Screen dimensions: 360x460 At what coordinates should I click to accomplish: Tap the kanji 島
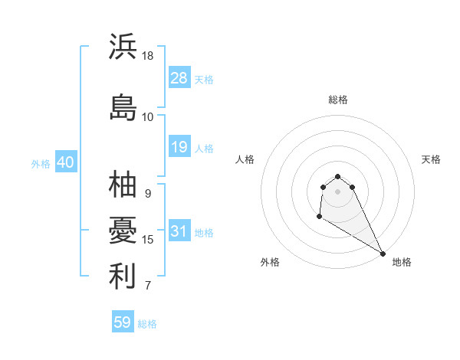pyautogui.click(x=123, y=107)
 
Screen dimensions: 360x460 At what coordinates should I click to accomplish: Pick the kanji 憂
pyautogui.click(x=123, y=230)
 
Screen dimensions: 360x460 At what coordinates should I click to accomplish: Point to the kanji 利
pyautogui.click(x=123, y=277)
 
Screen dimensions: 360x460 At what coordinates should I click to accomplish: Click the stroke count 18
pyautogui.click(x=148, y=56)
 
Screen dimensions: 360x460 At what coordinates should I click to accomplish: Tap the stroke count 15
pyautogui.click(x=148, y=240)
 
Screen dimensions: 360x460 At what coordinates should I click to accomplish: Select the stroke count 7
pyautogui.click(x=148, y=286)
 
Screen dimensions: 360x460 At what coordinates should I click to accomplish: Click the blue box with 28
pyautogui.click(x=179, y=77)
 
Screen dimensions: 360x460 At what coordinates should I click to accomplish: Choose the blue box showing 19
pyautogui.click(x=179, y=146)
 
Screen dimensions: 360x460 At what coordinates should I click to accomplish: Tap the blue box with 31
pyautogui.click(x=179, y=231)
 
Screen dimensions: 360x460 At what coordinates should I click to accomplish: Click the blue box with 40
pyautogui.click(x=65, y=162)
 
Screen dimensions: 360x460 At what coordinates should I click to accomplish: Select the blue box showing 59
pyautogui.click(x=123, y=322)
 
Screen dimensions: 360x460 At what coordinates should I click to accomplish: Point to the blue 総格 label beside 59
pyautogui.click(x=147, y=324)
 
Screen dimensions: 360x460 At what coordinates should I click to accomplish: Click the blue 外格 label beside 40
pyautogui.click(x=41, y=164)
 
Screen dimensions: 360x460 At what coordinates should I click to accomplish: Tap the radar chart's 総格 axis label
pyautogui.click(x=338, y=100)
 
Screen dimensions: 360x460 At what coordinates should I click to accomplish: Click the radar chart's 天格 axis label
pyautogui.click(x=431, y=159)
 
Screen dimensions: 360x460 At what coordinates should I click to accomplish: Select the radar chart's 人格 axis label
pyautogui.click(x=245, y=159)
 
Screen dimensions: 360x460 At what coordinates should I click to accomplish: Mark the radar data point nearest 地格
pyautogui.click(x=383, y=254)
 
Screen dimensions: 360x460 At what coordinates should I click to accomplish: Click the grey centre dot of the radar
pyautogui.click(x=338, y=191)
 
